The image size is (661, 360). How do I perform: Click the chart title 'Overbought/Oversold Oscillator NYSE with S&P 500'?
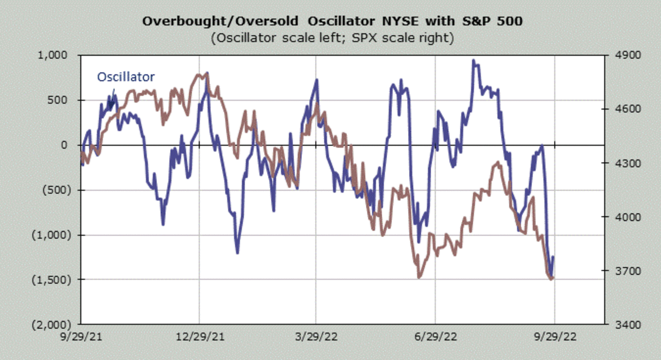click(331, 21)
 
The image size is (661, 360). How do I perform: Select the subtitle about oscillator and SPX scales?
click(331, 39)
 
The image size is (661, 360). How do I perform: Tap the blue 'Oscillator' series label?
click(126, 77)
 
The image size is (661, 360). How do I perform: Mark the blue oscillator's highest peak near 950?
click(473, 61)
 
